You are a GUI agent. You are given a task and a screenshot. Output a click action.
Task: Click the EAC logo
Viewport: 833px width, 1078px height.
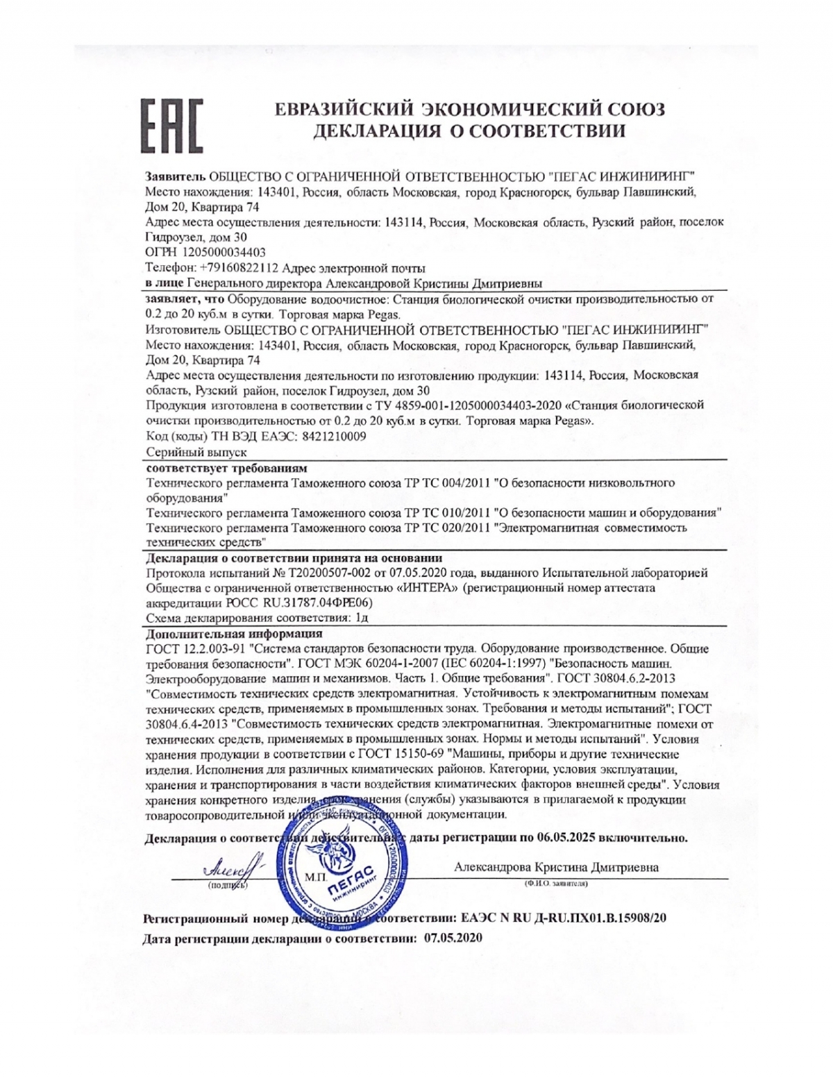pos(172,125)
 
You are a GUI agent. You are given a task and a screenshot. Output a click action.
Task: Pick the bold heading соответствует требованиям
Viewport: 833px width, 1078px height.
pos(226,467)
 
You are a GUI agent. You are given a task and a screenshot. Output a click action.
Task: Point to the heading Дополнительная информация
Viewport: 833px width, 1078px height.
pos(234,633)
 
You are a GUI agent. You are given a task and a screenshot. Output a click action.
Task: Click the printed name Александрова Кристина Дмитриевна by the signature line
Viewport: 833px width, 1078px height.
pos(556,867)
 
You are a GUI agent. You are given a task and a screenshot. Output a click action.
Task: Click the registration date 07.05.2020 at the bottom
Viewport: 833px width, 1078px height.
pos(451,938)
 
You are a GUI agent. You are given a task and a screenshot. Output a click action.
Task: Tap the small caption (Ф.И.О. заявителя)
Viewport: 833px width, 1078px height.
pos(556,884)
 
